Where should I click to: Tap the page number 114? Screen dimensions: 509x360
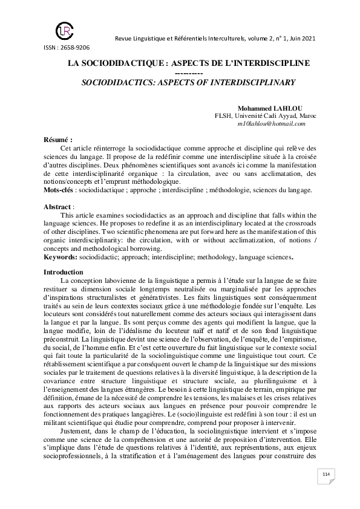click(326, 490)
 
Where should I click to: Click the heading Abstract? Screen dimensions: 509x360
click(58, 207)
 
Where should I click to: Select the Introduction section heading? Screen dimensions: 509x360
click(64, 272)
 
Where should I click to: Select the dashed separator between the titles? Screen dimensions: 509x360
click(180, 72)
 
